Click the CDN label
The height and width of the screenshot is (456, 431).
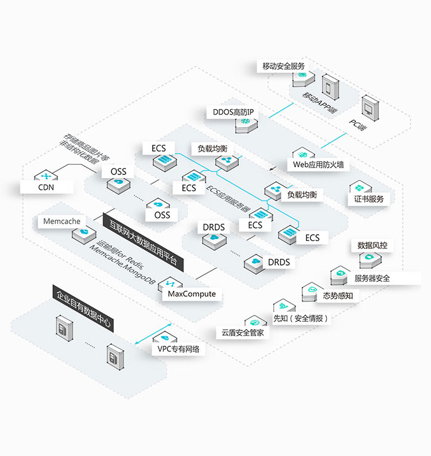pos(47,187)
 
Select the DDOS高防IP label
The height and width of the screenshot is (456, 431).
pos(233,112)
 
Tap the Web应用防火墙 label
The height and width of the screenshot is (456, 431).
pos(318,165)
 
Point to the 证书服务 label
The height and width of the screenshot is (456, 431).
pos(369,198)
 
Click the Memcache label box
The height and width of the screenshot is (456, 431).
pos(62,221)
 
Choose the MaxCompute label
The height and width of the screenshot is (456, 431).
pos(192,294)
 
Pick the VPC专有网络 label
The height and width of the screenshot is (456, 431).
pos(179,349)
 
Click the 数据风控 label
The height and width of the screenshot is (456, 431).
pos(373,245)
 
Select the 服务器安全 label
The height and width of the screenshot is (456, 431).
pos(372,278)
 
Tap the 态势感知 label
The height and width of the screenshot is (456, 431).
pos(338,295)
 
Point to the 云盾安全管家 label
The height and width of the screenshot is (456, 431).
pos(243,333)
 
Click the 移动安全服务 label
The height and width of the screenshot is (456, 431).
pos(283,66)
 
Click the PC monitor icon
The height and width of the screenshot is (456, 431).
pos(370,107)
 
